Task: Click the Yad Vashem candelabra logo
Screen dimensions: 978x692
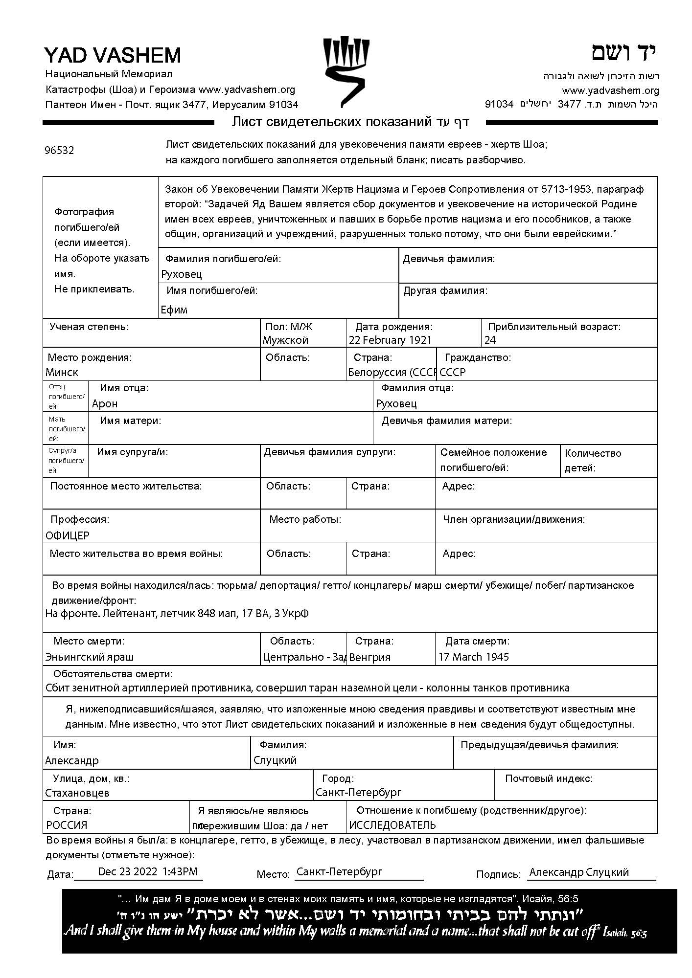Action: (x=346, y=71)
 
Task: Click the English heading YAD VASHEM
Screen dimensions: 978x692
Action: (x=113, y=55)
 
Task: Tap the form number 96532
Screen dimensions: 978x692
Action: (x=59, y=151)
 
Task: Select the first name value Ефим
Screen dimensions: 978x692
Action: (x=174, y=310)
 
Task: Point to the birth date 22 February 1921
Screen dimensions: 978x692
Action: (x=390, y=340)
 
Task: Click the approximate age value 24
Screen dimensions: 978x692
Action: (x=490, y=340)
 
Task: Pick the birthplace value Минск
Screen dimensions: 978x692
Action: (x=62, y=373)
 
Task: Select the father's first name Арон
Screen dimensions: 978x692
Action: (x=105, y=404)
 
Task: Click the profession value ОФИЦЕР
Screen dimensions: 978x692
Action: (x=68, y=535)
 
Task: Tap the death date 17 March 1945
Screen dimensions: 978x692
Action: (x=473, y=657)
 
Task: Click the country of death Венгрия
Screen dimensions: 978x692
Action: (x=369, y=658)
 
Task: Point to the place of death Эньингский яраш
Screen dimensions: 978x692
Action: (x=89, y=657)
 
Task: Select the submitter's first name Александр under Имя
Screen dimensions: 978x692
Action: (x=72, y=761)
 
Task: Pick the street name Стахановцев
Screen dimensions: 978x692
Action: (x=77, y=793)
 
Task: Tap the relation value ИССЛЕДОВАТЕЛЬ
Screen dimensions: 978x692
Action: (x=392, y=825)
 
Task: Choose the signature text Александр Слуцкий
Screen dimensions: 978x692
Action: (x=579, y=872)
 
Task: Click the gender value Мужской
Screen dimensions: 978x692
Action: (x=285, y=340)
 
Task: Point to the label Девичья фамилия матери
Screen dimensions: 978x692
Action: (x=447, y=421)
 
